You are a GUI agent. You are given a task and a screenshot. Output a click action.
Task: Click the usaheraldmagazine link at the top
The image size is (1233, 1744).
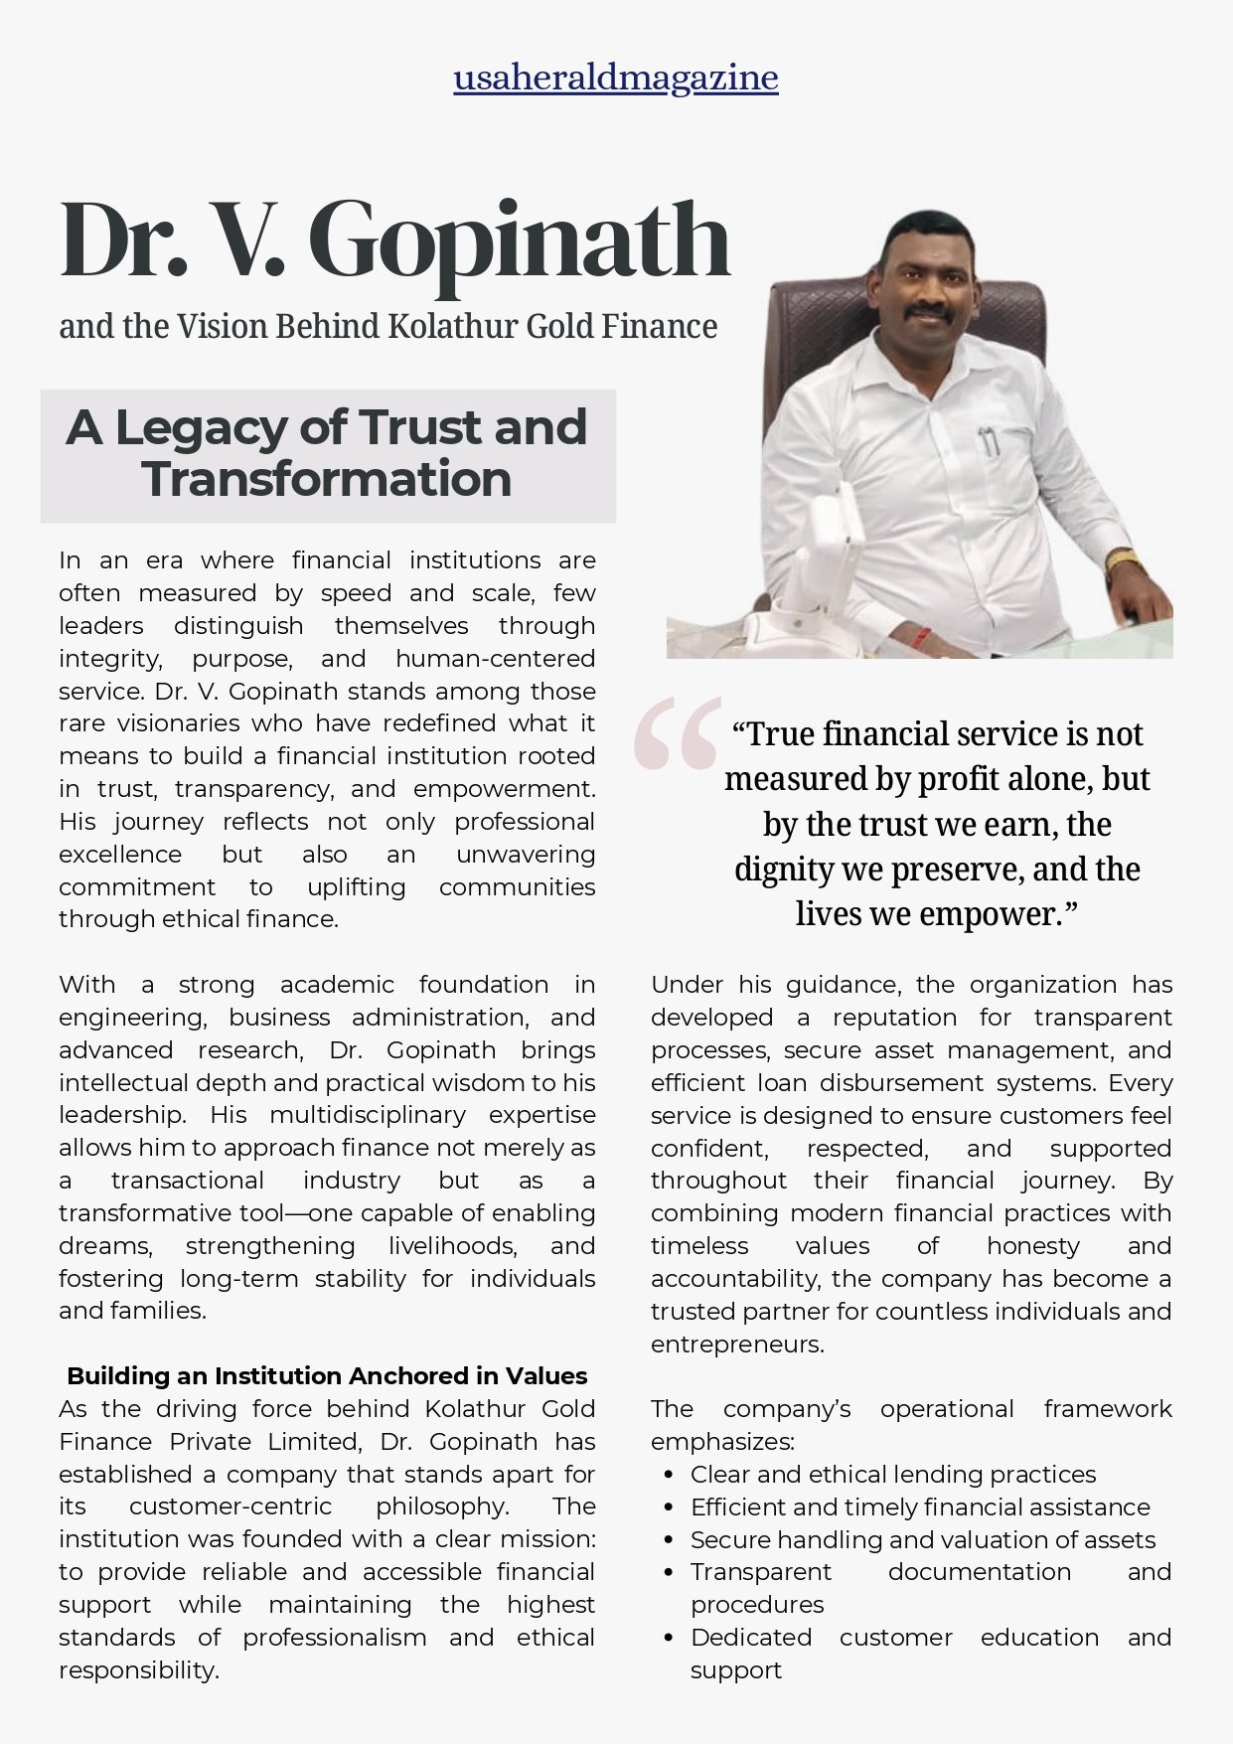click(x=616, y=78)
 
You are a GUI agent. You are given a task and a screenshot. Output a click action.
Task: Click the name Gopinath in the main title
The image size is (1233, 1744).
click(x=520, y=241)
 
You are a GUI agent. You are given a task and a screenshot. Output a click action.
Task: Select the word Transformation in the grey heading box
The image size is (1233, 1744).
click(x=327, y=479)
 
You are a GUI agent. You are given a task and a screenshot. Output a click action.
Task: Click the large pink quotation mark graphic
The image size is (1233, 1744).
click(x=677, y=733)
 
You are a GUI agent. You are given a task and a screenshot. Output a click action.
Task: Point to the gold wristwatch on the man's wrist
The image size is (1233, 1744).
click(x=1124, y=562)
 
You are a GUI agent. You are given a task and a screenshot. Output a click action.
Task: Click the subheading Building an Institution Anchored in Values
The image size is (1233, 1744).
click(x=327, y=1376)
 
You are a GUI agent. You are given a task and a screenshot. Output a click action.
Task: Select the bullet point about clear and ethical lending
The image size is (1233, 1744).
click(x=893, y=1474)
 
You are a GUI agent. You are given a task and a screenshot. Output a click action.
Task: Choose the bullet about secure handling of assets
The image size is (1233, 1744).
click(x=923, y=1539)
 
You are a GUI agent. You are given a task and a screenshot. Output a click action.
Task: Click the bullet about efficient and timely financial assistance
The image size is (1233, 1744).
click(x=920, y=1506)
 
